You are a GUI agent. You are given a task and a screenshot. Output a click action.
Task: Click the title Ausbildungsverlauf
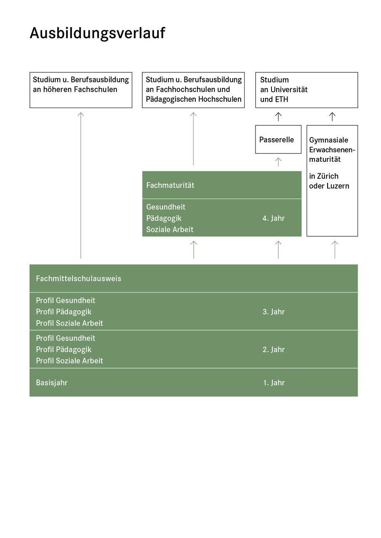pos(97,33)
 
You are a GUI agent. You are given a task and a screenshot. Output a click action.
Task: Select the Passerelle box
pos(278,140)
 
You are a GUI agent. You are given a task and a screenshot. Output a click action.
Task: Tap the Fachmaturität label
pos(170,185)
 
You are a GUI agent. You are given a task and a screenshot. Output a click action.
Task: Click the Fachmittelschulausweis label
pos(78,278)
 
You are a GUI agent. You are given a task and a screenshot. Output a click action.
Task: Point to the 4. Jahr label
pos(274,218)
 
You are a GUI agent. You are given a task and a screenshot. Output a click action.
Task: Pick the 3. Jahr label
pos(274,312)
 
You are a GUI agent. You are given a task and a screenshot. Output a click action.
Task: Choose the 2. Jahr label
pos(274,349)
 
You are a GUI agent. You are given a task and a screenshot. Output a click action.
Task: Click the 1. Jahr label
pos(274,382)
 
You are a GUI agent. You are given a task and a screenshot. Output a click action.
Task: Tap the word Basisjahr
pos(52,382)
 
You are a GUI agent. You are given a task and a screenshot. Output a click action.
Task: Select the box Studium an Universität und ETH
pos(306,90)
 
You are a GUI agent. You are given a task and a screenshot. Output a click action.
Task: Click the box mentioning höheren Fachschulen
pos(81,90)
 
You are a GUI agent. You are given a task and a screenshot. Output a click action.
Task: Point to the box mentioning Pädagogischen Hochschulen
pos(193,90)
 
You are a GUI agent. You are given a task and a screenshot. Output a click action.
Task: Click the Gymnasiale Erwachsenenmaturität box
pos(332,180)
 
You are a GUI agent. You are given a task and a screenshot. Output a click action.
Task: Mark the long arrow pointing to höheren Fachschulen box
pos(81,185)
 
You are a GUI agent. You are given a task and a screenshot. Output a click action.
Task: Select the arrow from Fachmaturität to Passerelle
pos(278,162)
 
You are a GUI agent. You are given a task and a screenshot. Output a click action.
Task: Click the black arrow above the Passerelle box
pos(278,116)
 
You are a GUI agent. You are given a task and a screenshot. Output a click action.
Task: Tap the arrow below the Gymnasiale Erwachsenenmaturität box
pos(335,250)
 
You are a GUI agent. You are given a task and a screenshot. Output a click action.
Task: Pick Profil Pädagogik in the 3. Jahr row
pos(64,312)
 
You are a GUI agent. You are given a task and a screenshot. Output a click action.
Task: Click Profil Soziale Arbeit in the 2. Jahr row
pos(69,361)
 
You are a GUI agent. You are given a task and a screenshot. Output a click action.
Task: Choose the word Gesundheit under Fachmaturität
pos(166,207)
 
